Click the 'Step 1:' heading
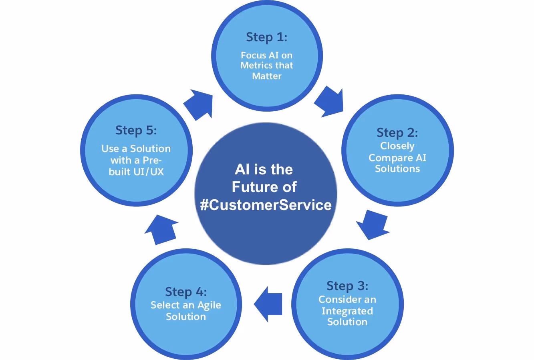(266, 37)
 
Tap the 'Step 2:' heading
(397, 132)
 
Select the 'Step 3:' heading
(347, 286)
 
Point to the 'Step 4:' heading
(186, 292)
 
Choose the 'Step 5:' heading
(136, 130)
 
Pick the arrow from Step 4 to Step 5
(161, 230)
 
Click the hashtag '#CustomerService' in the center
(266, 205)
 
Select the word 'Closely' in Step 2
(397, 146)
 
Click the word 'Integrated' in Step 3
(347, 311)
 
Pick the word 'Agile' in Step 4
(209, 305)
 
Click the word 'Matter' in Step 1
(266, 76)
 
